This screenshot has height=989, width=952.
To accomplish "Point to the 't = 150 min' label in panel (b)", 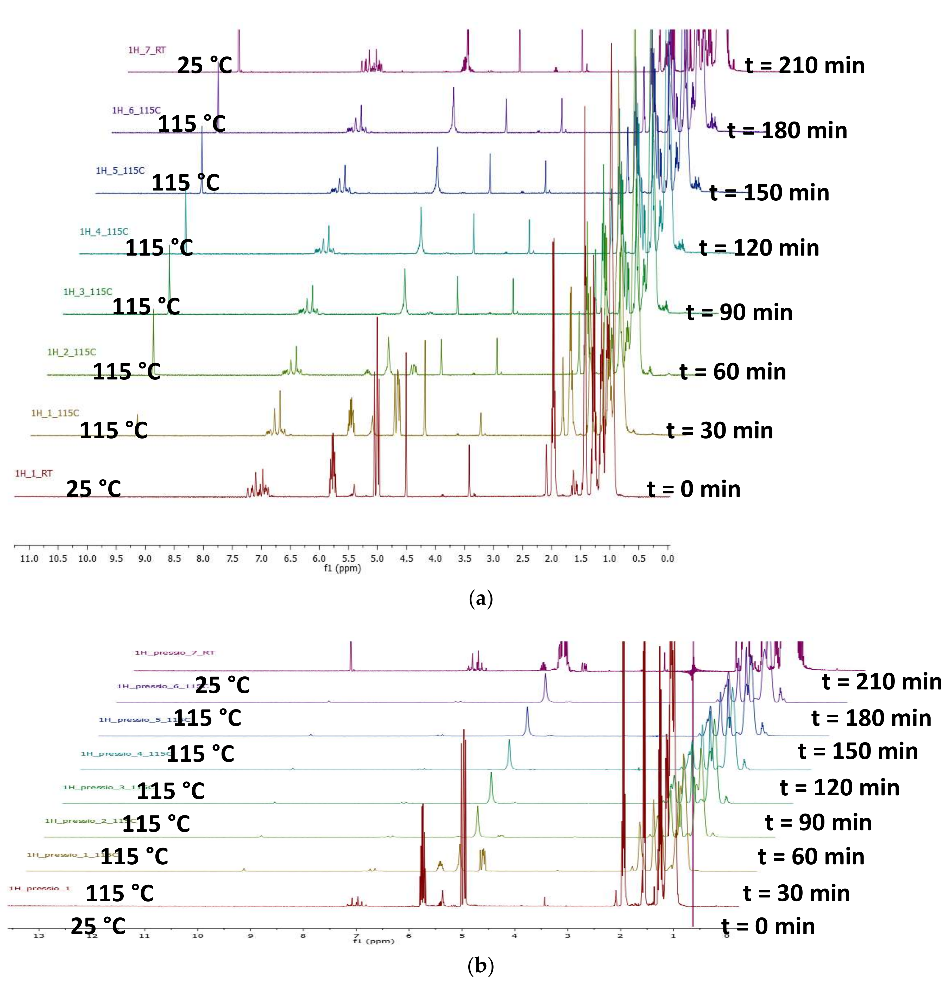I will [x=858, y=751].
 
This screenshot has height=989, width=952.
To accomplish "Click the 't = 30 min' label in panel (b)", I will [x=797, y=893].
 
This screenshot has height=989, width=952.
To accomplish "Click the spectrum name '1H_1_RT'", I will [x=34, y=473].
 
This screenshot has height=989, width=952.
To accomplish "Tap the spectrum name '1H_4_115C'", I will [x=104, y=232].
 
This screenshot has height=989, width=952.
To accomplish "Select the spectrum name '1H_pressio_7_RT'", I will [x=175, y=652].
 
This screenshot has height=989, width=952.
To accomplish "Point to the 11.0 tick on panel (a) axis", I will [x=29, y=559].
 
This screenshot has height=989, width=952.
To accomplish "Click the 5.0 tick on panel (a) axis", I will [x=377, y=559].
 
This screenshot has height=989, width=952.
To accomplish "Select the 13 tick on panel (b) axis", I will [x=39, y=935].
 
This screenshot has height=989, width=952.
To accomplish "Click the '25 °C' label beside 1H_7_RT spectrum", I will [x=204, y=66].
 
